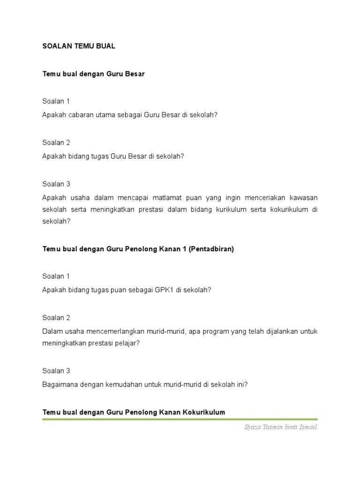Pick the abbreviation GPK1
click(x=164, y=290)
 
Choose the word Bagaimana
click(x=58, y=385)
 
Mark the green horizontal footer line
click(x=180, y=420)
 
